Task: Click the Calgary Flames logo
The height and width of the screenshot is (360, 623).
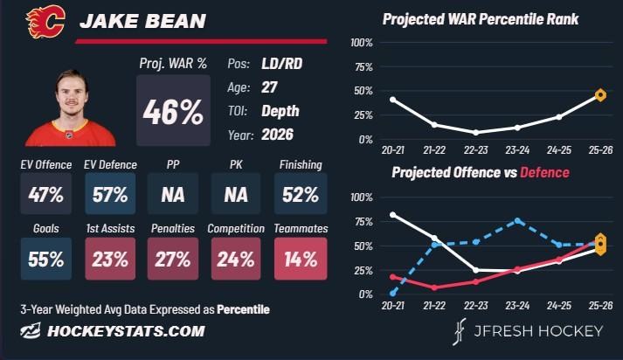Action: click(45, 22)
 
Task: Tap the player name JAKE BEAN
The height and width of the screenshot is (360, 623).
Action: click(142, 21)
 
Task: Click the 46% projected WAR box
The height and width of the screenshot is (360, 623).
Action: click(173, 110)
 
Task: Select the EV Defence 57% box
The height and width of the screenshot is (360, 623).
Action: click(110, 194)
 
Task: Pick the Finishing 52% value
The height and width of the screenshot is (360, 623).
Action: click(301, 195)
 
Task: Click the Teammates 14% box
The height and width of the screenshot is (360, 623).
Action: click(301, 259)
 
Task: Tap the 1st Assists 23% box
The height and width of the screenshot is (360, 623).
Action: click(110, 259)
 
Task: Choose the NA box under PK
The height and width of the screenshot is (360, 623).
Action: click(236, 194)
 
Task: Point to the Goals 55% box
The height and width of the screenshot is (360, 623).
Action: click(46, 259)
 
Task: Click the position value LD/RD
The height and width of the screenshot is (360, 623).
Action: click(281, 64)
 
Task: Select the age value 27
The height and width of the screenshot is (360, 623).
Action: click(269, 87)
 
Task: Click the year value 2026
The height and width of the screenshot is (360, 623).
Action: click(277, 135)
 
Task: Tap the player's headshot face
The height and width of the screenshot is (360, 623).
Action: click(72, 95)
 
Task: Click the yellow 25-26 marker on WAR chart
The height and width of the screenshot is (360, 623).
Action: click(600, 95)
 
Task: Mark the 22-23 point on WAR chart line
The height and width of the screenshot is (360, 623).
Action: click(476, 132)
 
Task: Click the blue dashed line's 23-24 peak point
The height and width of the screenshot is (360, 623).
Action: click(517, 220)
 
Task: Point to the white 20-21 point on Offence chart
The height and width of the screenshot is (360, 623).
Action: click(393, 215)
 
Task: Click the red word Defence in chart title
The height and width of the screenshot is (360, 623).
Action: click(544, 172)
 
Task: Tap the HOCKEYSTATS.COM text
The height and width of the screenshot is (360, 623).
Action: click(126, 331)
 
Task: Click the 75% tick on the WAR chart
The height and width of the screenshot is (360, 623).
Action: click(364, 66)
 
